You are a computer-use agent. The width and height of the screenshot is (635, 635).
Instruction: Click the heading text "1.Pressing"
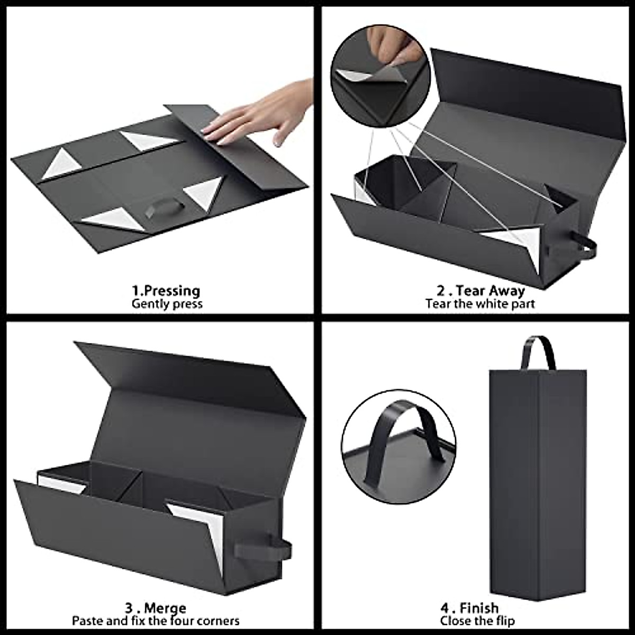coord(166,291)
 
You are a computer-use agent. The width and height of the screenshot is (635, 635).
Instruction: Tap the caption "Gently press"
coord(167,304)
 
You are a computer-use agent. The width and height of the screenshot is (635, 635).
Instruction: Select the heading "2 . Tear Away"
coord(480,291)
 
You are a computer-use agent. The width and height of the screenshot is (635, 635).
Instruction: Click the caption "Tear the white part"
coord(480,304)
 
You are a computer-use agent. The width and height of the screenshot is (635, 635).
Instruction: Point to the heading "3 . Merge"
coord(156,607)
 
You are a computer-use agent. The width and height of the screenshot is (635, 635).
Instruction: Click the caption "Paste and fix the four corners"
coord(156,620)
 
